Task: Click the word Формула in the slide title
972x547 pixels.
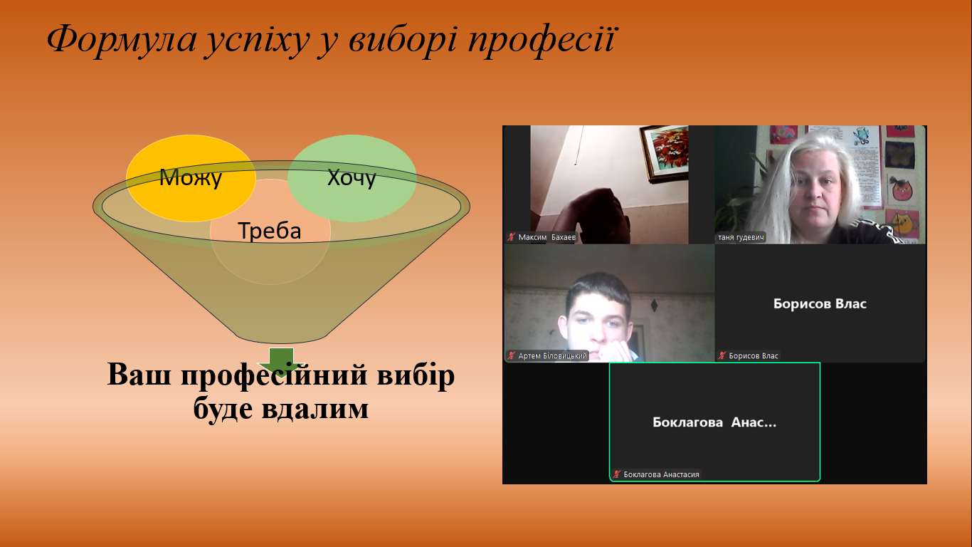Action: click(x=122, y=40)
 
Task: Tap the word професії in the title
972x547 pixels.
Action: click(x=541, y=41)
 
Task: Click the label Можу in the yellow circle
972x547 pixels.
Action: click(x=191, y=177)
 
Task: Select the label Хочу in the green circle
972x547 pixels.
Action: click(x=352, y=177)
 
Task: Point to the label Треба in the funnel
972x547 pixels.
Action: click(x=270, y=230)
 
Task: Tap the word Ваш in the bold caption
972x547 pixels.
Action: click(x=139, y=374)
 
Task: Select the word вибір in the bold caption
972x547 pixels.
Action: click(x=416, y=375)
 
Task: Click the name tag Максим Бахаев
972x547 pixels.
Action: click(x=546, y=237)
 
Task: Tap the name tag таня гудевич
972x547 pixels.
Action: click(x=741, y=237)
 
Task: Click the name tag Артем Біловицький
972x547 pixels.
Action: click(x=552, y=356)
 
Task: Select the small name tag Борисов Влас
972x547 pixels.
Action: click(x=754, y=356)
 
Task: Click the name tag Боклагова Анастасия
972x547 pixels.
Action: click(x=661, y=474)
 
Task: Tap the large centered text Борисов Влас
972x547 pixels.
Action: click(x=820, y=303)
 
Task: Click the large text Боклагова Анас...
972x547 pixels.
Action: click(x=714, y=422)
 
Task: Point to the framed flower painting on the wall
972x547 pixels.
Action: click(x=665, y=153)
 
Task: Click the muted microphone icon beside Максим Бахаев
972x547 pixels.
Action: click(x=511, y=237)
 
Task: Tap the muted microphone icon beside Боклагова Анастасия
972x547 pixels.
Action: click(x=617, y=474)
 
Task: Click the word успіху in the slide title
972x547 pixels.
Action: click(x=257, y=41)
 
